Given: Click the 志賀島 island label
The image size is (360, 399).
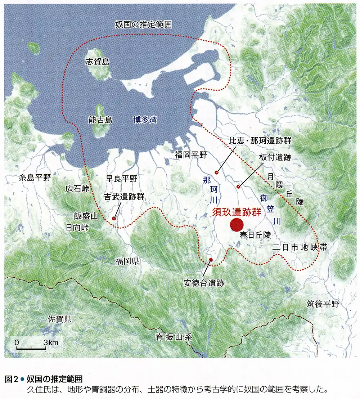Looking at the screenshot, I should point(97,62).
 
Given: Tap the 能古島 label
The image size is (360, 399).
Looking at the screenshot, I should point(100,120).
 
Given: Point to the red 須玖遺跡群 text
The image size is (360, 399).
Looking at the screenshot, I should point(236,212).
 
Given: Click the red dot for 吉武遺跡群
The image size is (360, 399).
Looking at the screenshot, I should point(114,218).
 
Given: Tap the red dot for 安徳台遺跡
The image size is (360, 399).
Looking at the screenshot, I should point(211,260).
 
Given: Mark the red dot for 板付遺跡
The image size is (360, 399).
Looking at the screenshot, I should point(238,186).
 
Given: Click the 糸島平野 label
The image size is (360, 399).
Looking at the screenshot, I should point(35,178).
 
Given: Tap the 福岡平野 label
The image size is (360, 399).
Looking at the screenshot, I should point(191,155).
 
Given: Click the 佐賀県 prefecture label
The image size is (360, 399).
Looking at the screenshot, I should point(60,319).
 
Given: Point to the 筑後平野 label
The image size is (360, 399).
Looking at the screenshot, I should point(323,304).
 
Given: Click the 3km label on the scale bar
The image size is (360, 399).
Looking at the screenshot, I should point(50,342).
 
